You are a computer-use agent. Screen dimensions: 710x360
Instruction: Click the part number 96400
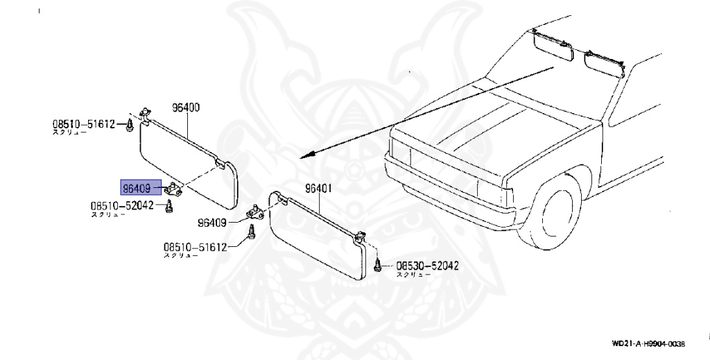click(x=186, y=108)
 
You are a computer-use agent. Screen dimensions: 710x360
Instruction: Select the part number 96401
click(x=319, y=188)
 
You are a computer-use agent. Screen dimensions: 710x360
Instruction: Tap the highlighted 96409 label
click(x=137, y=187)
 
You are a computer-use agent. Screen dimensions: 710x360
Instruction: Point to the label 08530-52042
click(x=426, y=266)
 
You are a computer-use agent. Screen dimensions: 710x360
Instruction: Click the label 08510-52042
click(x=122, y=206)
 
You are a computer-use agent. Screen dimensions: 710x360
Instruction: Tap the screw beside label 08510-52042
click(x=169, y=206)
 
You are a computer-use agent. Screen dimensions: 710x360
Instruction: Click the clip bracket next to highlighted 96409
click(x=173, y=188)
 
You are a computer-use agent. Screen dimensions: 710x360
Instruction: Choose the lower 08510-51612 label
click(x=196, y=247)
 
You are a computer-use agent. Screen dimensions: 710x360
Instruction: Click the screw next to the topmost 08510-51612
click(x=130, y=125)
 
